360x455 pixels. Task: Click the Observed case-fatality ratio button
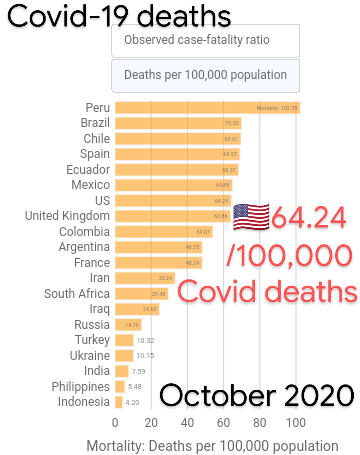pyautogui.click(x=205, y=41)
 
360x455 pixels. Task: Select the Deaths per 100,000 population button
pyautogui.click(x=205, y=75)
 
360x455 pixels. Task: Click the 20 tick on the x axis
pyautogui.click(x=152, y=421)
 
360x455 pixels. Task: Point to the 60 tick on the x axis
pyautogui.click(x=226, y=421)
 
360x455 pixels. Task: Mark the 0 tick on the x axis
pyautogui.click(x=115, y=421)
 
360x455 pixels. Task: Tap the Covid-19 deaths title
pyautogui.click(x=119, y=17)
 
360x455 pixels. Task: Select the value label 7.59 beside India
pyautogui.click(x=138, y=371)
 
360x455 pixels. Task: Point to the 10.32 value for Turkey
pyautogui.click(x=145, y=340)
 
